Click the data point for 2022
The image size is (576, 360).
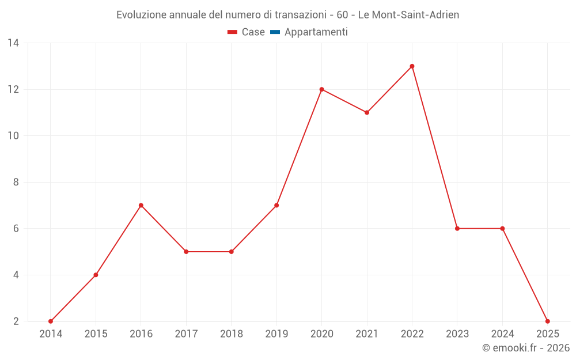pyautogui.click(x=412, y=66)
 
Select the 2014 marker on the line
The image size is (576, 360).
pyautogui.click(x=51, y=321)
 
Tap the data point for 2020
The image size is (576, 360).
pyautogui.click(x=321, y=89)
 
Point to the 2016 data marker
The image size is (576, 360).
pyautogui.click(x=141, y=205)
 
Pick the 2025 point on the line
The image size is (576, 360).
pyautogui.click(x=547, y=321)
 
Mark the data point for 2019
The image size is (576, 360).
pyautogui.click(x=276, y=205)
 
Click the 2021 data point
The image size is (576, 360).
pyautogui.click(x=367, y=112)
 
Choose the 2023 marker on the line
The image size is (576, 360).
pyautogui.click(x=457, y=229)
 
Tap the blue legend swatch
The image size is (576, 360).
pyautogui.click(x=275, y=32)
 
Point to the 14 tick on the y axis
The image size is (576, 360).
pyautogui.click(x=13, y=43)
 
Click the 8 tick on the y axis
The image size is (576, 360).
pyautogui.click(x=16, y=182)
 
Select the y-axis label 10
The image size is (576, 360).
pyautogui.click(x=13, y=136)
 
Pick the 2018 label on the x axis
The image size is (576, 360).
pyautogui.click(x=232, y=334)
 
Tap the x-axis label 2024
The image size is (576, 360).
pyautogui.click(x=502, y=334)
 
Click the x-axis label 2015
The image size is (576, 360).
pyautogui.click(x=96, y=334)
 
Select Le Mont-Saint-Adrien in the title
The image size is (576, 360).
pyautogui.click(x=408, y=15)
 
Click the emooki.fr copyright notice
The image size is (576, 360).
pyautogui.click(x=526, y=348)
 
